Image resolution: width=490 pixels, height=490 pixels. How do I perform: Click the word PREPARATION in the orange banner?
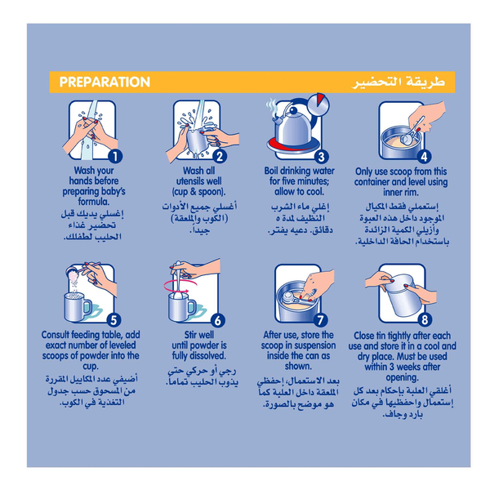click(x=105, y=82)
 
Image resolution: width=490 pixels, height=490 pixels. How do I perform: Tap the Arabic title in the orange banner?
click(x=399, y=82)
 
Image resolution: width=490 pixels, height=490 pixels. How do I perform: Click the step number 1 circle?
click(x=115, y=156)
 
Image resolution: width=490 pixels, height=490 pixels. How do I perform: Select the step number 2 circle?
click(x=220, y=156)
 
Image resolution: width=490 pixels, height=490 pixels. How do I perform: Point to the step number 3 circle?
click(x=321, y=157)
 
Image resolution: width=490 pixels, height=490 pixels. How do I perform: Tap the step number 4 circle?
click(x=424, y=157)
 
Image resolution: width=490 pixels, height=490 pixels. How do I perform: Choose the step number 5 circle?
click(x=114, y=320)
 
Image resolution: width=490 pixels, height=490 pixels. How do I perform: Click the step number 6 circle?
click(x=218, y=320)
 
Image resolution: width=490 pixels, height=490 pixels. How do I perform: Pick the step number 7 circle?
click(x=320, y=320)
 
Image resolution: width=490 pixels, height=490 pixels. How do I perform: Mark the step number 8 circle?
click(x=425, y=319)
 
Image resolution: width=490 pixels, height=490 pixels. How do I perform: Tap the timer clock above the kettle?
click(x=318, y=104)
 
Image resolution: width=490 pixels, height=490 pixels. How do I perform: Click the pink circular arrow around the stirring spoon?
click(x=180, y=286)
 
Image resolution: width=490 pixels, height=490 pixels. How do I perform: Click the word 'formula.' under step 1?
click(x=94, y=202)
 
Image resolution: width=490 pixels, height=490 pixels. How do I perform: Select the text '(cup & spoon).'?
click(x=198, y=192)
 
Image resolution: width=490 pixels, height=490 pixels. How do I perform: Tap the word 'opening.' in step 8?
click(x=402, y=378)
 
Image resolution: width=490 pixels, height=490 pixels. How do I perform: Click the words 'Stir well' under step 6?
click(x=199, y=335)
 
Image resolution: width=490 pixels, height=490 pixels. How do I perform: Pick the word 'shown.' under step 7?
click(x=298, y=366)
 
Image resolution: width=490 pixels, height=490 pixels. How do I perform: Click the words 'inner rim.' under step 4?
click(x=401, y=192)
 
